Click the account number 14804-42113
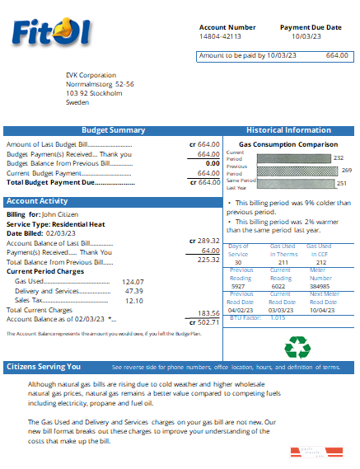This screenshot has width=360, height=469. click(221, 37)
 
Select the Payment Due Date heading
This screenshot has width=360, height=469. click(311, 27)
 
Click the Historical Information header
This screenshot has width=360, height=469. click(288, 130)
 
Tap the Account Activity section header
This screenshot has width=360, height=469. click(37, 201)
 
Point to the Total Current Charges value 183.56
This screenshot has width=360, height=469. click(208, 312)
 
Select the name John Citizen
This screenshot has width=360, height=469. click(60, 213)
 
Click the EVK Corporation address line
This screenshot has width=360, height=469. click(91, 75)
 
